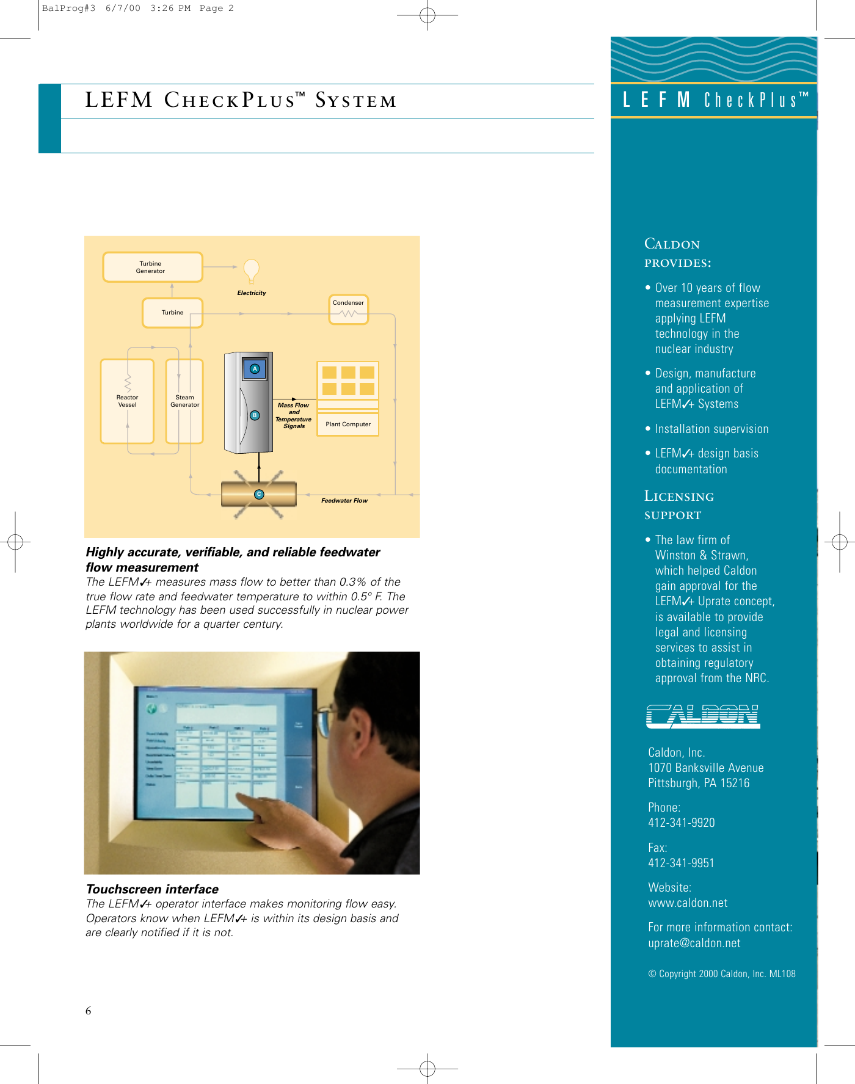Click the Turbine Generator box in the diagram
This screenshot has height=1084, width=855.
coord(152,267)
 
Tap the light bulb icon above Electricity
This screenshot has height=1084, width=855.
coord(251,269)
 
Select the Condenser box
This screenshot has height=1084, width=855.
coord(348,310)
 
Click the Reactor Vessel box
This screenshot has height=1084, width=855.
coord(127,401)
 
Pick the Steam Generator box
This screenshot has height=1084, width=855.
coord(184,401)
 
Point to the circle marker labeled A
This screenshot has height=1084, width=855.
coord(255,369)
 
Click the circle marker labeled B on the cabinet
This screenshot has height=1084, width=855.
coord(255,415)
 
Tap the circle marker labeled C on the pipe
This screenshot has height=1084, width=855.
coord(259,494)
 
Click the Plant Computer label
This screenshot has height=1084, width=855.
coord(348,424)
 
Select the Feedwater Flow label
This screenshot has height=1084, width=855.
coord(344,501)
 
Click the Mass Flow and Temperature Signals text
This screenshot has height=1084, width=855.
coord(294,415)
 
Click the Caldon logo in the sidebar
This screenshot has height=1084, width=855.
coord(702,716)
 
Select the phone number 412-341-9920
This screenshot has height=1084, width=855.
coord(681,823)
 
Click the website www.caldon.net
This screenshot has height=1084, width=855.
coord(688,903)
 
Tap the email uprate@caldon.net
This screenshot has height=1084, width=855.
coord(694,944)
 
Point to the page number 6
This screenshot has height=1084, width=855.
coord(89,1011)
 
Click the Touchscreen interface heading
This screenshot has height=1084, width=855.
coord(152,889)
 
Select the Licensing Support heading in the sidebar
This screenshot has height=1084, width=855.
coord(679,505)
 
